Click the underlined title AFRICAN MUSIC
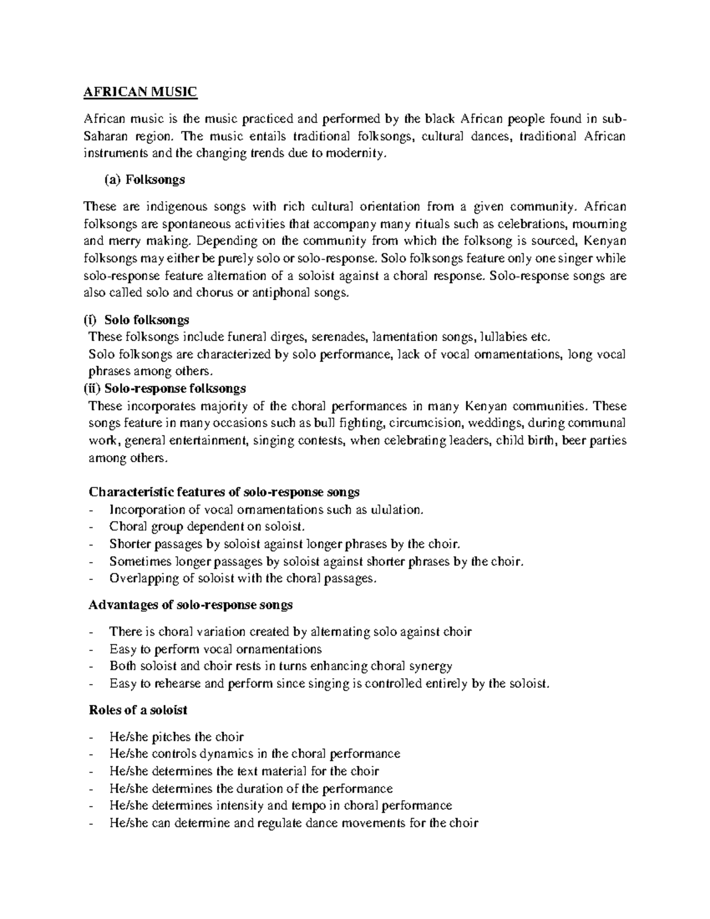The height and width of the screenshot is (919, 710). click(x=140, y=92)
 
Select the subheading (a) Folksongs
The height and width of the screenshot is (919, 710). click(x=145, y=179)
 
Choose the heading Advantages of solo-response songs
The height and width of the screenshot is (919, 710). click(x=191, y=605)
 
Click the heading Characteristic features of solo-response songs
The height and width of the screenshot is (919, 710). click(x=224, y=492)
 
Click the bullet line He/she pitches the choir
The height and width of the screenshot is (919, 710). click(x=176, y=737)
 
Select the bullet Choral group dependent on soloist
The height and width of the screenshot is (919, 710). click(x=206, y=527)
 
